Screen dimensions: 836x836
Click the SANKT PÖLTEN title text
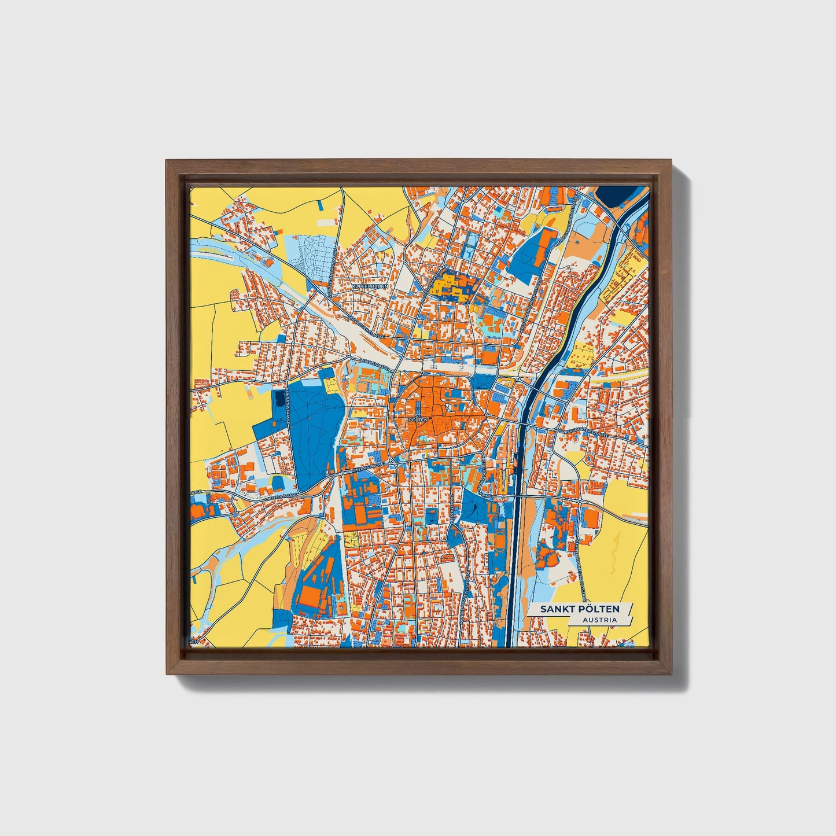click(x=580, y=609)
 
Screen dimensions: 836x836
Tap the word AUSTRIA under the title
click(x=599, y=620)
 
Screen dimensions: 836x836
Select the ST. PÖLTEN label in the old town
click(x=418, y=416)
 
